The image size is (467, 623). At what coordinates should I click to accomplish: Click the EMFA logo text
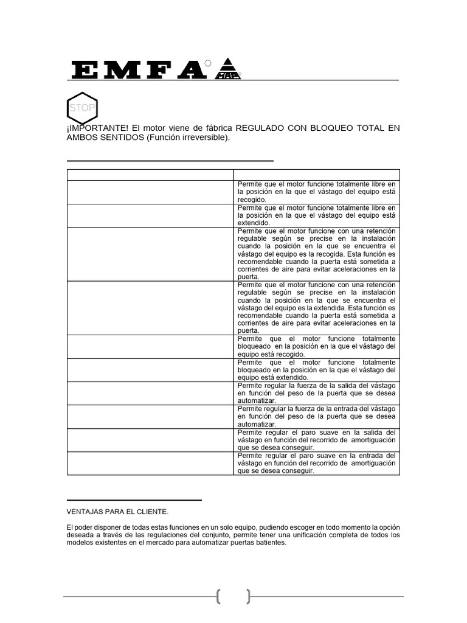point(138,70)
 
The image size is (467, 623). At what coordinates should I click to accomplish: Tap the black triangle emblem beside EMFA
point(229,68)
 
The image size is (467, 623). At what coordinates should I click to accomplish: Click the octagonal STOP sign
point(81,108)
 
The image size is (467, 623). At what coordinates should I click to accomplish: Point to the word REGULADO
point(258,128)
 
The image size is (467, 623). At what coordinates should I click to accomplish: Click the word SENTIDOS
point(119,137)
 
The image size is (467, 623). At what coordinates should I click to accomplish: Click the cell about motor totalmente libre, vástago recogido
point(316,191)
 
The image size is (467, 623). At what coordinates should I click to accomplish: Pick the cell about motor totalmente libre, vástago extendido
point(316,215)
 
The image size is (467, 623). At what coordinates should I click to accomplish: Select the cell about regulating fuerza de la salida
point(316,393)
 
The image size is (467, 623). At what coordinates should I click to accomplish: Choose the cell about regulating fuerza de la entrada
point(316,416)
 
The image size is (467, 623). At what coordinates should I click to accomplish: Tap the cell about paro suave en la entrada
point(316,463)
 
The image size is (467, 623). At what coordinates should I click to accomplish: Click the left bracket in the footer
point(218,596)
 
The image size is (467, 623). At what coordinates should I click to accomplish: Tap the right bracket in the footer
point(248,596)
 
